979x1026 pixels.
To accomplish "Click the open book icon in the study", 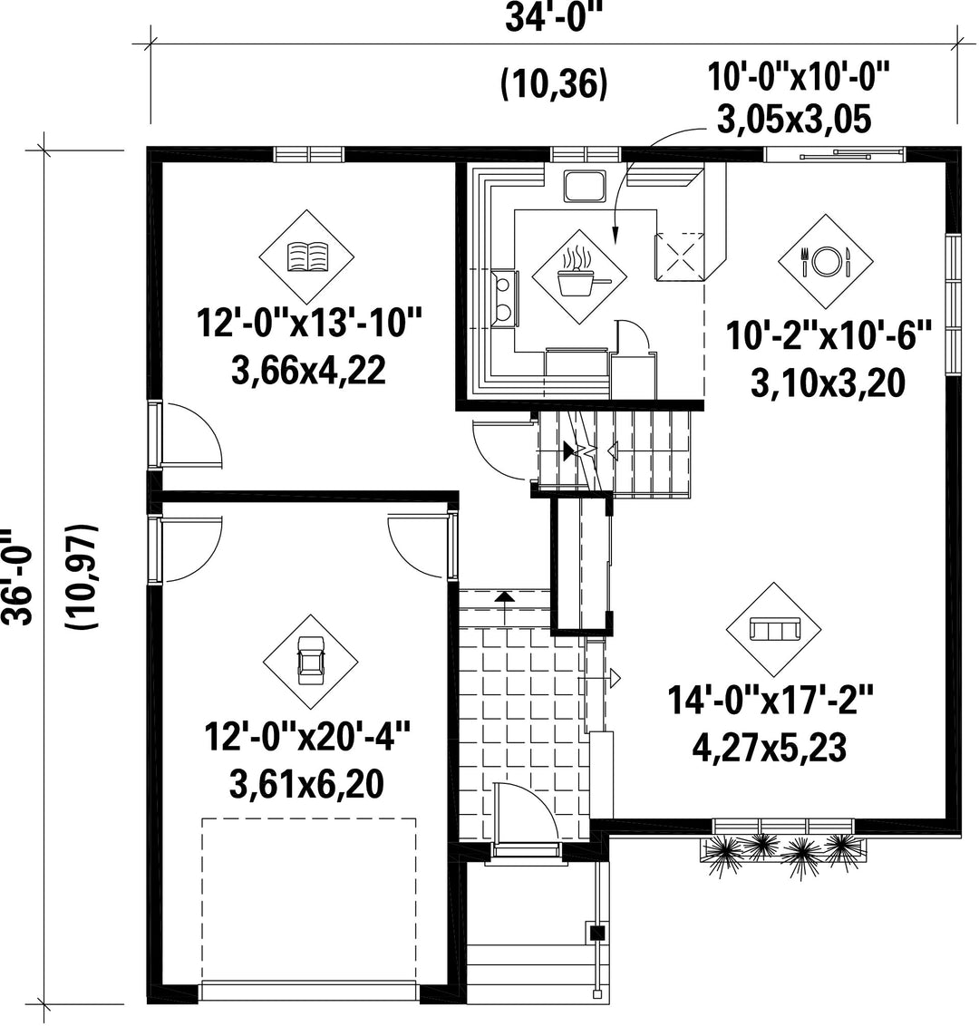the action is coord(307,256).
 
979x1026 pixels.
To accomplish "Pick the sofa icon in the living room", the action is coord(773,630).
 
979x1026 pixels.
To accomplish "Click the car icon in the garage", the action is coord(310,661).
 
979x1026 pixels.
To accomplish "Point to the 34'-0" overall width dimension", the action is coord(553,17).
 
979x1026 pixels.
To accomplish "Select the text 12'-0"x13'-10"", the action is coord(308,324).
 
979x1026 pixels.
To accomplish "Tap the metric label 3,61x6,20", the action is coord(306,783).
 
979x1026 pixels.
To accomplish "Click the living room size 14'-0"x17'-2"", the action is coord(771,700).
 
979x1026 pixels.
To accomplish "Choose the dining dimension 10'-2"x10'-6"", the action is coord(828,336).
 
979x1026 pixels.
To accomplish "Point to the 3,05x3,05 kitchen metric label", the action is coord(794,120).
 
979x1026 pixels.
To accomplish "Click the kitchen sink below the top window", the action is coord(586,186).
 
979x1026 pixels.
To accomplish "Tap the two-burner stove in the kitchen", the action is coord(505,298).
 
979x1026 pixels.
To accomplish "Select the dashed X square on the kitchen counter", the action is coord(682,256).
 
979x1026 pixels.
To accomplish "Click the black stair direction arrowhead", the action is coord(568,450).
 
